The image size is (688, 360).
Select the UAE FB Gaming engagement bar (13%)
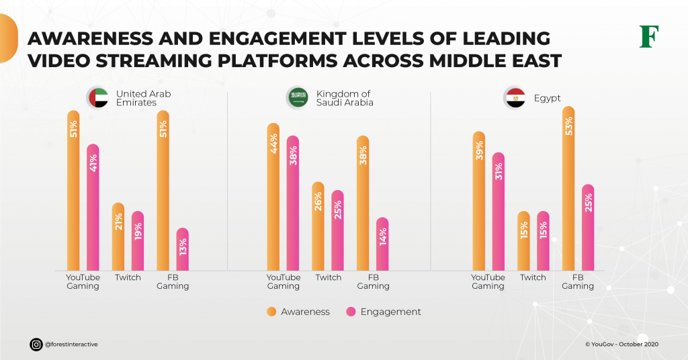tap(182, 249)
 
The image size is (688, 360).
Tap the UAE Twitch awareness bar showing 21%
tap(118, 236)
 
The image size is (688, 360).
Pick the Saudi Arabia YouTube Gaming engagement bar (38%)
tap(293, 203)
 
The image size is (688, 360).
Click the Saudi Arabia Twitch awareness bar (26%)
tap(318, 226)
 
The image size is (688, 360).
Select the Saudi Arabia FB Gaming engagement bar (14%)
tap(382, 244)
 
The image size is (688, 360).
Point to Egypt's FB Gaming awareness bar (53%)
tap(568, 188)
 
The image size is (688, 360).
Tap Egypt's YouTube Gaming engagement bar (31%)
tap(498, 212)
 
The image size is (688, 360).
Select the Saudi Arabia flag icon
tap(298, 98)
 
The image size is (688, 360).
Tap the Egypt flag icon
tap(515, 98)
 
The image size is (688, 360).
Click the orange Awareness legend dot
tap(272, 312)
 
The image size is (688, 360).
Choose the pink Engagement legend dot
tap(351, 312)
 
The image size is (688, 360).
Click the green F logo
tap(648, 36)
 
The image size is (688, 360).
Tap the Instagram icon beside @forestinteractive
tap(36, 345)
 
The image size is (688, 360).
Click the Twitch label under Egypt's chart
tap(533, 277)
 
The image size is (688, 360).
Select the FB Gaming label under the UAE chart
tap(173, 281)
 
